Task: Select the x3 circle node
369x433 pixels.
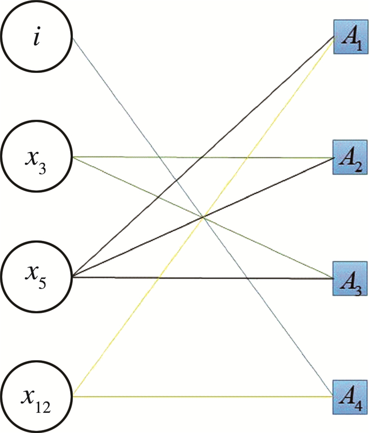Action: point(36,157)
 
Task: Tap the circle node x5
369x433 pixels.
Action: point(36,276)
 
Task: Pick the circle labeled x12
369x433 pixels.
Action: point(36,395)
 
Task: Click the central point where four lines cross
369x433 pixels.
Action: point(203,216)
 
